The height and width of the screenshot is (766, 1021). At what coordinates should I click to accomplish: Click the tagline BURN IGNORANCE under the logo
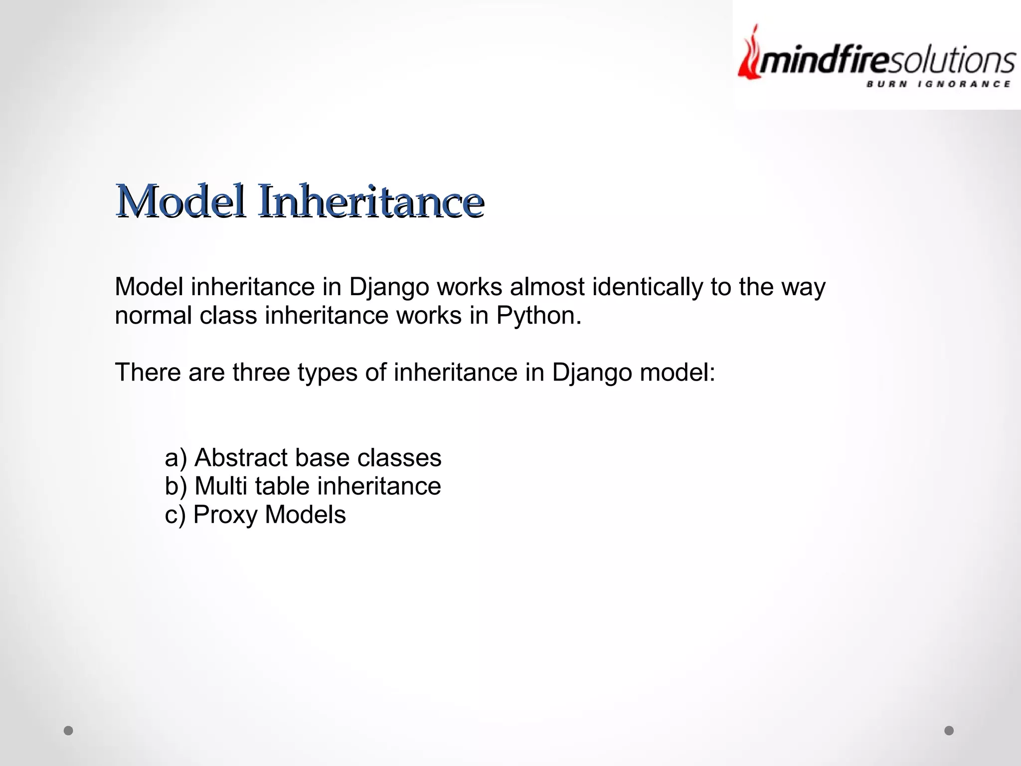coord(938,84)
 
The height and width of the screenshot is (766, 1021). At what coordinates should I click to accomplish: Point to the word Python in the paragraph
coord(538,316)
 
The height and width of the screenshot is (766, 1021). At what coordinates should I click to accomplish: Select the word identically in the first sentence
coord(647,287)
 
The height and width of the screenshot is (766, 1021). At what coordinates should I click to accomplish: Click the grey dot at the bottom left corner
coord(68,731)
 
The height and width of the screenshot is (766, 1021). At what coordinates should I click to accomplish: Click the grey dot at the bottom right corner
coord(949,731)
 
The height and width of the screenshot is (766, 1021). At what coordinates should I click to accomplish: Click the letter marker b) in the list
coord(175,487)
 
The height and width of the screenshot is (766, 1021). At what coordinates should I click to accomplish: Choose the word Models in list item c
coord(305,515)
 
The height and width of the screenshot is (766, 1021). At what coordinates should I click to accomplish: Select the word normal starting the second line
coord(153,316)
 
